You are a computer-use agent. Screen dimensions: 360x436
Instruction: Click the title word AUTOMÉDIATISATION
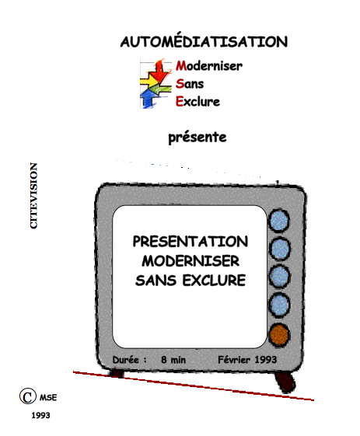[x=204, y=41]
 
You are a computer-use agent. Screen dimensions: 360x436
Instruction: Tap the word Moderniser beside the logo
[x=209, y=66]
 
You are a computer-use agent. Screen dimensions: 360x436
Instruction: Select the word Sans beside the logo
[x=190, y=84]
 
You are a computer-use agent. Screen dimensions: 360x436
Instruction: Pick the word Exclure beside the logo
[x=197, y=102]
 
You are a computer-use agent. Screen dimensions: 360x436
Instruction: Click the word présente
[x=197, y=138]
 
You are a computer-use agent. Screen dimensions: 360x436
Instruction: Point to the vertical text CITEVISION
[x=33, y=196]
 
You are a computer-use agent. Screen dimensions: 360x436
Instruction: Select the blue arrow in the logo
[x=149, y=99]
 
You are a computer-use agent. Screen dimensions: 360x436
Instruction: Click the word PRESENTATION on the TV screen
[x=190, y=242]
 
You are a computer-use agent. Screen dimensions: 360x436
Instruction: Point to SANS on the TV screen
[x=156, y=281]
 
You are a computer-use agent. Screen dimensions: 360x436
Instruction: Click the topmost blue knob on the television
[x=279, y=221]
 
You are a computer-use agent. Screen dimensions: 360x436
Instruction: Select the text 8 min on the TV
[x=173, y=360]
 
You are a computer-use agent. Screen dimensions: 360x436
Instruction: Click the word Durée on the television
[x=125, y=360]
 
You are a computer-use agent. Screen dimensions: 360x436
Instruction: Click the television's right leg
[x=285, y=382]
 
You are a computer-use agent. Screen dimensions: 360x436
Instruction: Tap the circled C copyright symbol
[x=28, y=396]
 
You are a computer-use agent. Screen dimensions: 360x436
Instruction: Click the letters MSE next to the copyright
[x=48, y=398]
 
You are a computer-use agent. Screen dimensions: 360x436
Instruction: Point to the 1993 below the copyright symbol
[x=40, y=416]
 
